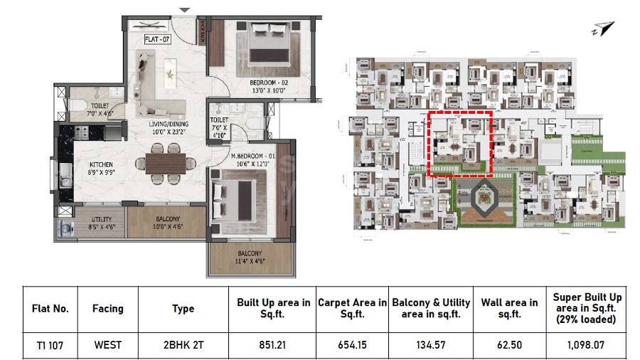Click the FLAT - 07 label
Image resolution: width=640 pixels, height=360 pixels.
tap(156, 39)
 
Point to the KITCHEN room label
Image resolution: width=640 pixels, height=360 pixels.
tap(102, 164)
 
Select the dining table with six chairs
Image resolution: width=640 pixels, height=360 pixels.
tap(166, 162)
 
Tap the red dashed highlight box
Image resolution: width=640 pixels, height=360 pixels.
tap(461, 142)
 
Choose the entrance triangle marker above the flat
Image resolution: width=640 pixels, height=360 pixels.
tap(185, 10)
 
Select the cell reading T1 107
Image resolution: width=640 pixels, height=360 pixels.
tap(50, 346)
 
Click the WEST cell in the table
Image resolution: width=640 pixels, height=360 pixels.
tap(108, 346)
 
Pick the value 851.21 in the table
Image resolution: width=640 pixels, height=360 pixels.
tap(273, 346)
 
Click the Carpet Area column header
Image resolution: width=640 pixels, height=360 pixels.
tap(352, 308)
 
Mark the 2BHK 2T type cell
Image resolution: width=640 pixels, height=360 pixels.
tap(183, 346)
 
